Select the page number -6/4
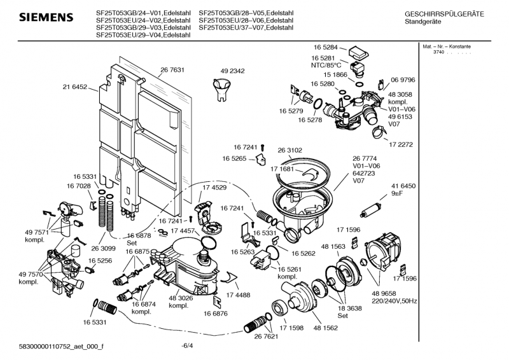coord(187,345)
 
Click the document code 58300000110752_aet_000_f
coord(62,345)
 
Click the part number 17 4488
coord(238,294)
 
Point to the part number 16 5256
coord(101,261)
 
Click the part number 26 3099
coord(103,248)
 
